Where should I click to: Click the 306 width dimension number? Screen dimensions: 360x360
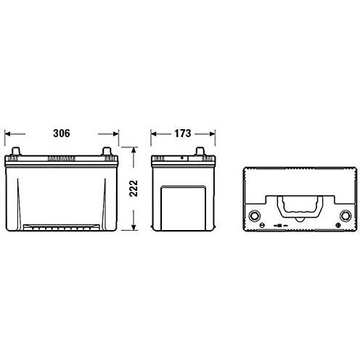[x=62, y=134]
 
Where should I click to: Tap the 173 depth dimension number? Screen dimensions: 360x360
[x=183, y=134]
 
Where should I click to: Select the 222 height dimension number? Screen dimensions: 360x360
[x=134, y=189]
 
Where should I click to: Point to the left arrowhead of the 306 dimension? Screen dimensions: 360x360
[x=7, y=134]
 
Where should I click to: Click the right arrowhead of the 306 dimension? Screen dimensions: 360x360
[x=116, y=134]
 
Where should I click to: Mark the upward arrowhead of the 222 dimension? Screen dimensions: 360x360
[x=134, y=150]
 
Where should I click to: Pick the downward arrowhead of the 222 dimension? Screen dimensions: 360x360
[x=134, y=227]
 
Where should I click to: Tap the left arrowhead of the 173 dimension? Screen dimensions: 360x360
[x=153, y=134]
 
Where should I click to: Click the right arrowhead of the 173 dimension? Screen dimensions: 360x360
[x=213, y=134]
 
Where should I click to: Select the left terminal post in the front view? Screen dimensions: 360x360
[x=16, y=152]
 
